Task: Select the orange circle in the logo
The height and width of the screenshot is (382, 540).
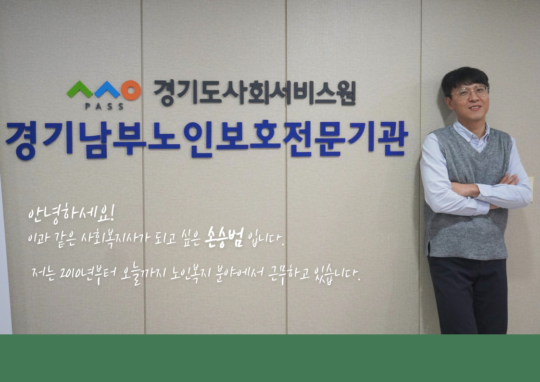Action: pos(131,90)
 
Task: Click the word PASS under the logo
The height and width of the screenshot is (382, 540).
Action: pos(104,106)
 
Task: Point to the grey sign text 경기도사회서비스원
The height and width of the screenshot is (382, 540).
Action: pos(254,92)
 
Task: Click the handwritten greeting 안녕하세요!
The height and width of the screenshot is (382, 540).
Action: pos(71,214)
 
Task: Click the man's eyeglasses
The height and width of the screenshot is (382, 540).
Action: pos(470,92)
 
